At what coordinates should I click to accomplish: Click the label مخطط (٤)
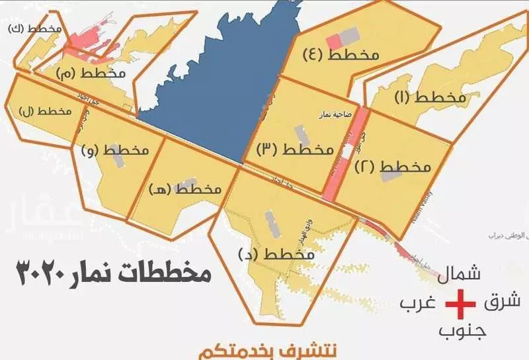(x=340, y=55)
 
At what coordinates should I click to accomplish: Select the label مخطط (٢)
(x=393, y=166)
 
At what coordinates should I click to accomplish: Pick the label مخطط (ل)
(x=46, y=111)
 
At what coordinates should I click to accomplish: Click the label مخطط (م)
(x=97, y=71)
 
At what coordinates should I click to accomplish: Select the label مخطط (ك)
(x=36, y=29)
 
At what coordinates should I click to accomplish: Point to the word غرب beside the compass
(x=418, y=304)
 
